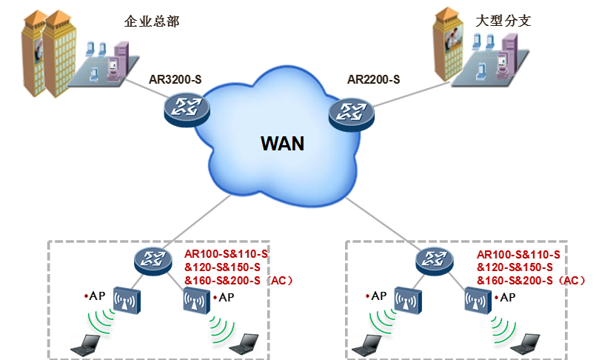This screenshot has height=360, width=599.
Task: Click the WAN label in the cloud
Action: click(282, 142)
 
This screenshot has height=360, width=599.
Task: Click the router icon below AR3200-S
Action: click(186, 110)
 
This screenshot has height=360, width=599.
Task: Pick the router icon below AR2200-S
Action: click(352, 113)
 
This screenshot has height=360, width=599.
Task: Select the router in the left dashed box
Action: click(153, 259)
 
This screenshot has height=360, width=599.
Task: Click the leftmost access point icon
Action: click(127, 301)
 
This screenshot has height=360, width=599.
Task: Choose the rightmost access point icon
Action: click(478, 301)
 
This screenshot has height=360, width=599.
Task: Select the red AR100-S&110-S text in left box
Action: click(226, 254)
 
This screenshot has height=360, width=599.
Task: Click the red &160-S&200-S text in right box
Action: click(518, 280)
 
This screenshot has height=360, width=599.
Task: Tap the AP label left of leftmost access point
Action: click(96, 296)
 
